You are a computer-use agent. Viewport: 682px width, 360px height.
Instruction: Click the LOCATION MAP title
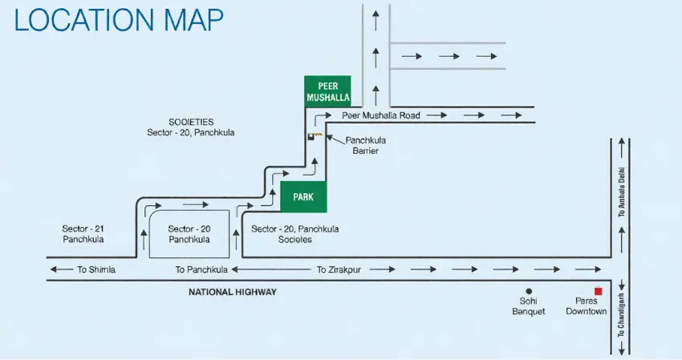click(119, 21)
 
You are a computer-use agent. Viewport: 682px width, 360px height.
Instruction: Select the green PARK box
click(303, 196)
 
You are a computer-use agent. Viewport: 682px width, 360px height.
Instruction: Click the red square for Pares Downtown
click(598, 291)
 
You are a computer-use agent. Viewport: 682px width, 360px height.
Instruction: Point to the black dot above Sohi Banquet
click(529, 291)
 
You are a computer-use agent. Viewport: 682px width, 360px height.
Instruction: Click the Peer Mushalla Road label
click(381, 115)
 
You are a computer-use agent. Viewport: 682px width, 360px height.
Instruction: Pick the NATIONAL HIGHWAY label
click(233, 292)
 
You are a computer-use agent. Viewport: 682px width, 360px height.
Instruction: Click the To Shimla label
click(96, 269)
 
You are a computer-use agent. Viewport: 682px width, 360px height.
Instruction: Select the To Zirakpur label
click(343, 269)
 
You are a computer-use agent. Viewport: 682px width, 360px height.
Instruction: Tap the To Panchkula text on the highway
click(202, 269)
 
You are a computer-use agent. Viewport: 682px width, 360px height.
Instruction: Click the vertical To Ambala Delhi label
click(620, 197)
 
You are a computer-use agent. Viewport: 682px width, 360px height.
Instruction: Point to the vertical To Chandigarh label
click(620, 313)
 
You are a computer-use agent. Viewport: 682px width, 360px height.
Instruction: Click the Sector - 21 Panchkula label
click(83, 234)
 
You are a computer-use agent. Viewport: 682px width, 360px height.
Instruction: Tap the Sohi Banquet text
click(529, 306)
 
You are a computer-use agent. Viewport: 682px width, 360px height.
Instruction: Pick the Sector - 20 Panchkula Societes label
click(295, 234)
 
